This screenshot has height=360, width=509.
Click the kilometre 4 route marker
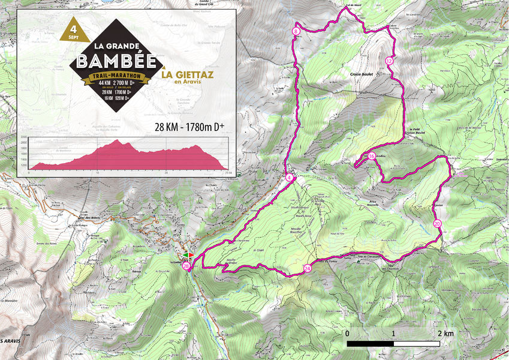pos(290,178)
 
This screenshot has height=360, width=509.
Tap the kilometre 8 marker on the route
pos(296,31)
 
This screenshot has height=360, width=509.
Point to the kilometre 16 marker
pos(372,157)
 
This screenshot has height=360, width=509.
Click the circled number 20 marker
pos(437,223)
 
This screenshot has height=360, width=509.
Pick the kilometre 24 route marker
pos(308,268)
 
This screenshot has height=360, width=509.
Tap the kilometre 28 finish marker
pos(187,266)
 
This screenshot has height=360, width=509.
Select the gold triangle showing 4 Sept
pos(73,29)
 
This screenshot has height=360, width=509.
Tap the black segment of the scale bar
pos(370,343)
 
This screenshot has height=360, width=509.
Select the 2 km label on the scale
pos(444,333)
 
